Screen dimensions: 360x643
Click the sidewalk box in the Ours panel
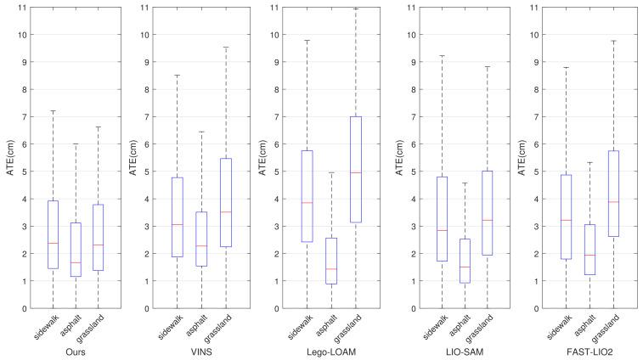53,234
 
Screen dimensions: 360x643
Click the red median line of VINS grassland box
225,212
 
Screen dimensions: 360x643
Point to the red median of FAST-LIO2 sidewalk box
565,220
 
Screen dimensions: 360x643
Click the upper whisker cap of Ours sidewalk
53,111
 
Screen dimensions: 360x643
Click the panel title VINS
202,351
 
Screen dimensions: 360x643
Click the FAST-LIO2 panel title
587,351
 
